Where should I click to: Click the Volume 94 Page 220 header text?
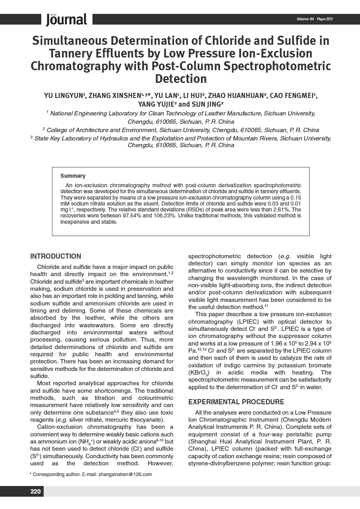coord(314,19)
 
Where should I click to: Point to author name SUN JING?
coord(208,104)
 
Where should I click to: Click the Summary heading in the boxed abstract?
coord(73,176)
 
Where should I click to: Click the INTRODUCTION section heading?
coord(56,256)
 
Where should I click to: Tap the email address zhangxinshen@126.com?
coord(125,474)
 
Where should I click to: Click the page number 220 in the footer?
coord(36,492)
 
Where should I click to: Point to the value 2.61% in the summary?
coord(281,209)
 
